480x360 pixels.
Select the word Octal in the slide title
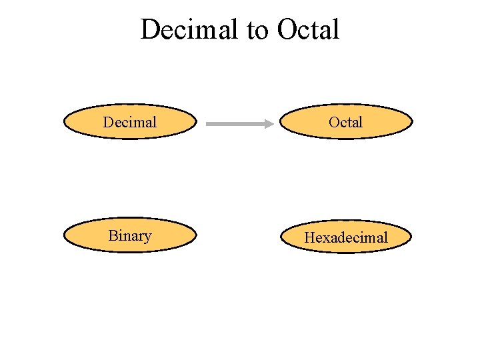pos(308,30)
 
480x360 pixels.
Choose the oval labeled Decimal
pos(130,122)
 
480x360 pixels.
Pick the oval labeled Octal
pos(345,122)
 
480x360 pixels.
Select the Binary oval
pos(130,235)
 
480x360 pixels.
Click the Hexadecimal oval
pos(345,237)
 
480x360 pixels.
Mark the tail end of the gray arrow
pos(209,123)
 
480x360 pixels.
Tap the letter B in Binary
pos(112,235)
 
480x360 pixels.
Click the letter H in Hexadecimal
pos(309,237)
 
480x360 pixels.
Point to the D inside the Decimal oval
pos(107,122)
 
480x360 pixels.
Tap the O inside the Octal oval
pos(333,122)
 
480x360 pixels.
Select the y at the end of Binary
pos(147,237)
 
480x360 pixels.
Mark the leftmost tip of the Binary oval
pos(64,235)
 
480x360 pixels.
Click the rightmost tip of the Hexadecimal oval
pos(411,237)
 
